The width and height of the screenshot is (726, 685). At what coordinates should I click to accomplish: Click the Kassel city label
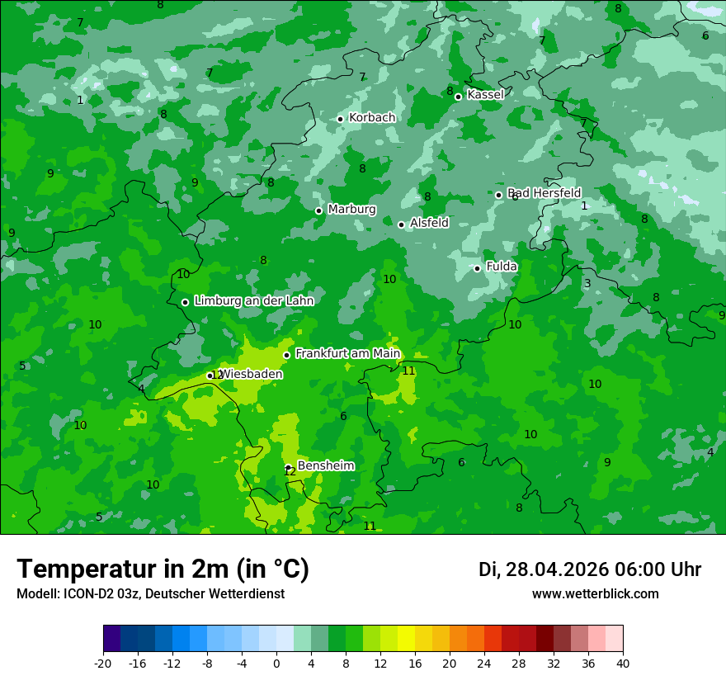485,95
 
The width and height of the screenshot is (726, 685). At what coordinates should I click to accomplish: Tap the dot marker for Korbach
340,119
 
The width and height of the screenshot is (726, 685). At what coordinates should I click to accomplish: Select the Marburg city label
351,210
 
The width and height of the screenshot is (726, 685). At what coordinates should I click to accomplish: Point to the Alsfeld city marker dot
401,224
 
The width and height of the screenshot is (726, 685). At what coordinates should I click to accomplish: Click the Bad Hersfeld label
544,193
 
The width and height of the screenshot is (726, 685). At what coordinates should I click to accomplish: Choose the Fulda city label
502,267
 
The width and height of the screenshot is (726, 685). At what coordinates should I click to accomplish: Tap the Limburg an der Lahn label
254,301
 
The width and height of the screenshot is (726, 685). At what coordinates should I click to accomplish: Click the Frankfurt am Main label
347,354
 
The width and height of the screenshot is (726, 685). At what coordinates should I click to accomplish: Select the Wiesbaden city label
251,375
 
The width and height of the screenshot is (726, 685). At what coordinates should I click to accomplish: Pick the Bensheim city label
326,466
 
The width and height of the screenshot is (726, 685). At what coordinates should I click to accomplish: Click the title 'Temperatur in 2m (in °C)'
163,569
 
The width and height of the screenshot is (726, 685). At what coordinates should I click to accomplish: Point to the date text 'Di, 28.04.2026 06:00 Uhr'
590,569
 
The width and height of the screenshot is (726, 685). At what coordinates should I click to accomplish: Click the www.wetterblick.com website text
596,594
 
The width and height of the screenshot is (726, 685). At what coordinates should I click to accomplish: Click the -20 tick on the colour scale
103,663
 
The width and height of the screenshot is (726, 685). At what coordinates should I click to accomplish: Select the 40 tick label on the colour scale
623,663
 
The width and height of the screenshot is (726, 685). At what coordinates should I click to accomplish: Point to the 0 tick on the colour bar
276,663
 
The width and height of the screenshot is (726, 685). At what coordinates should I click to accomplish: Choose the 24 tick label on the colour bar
484,663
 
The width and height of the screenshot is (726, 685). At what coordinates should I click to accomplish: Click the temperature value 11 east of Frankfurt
408,371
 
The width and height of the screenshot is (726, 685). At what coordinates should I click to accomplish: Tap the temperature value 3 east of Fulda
587,284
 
